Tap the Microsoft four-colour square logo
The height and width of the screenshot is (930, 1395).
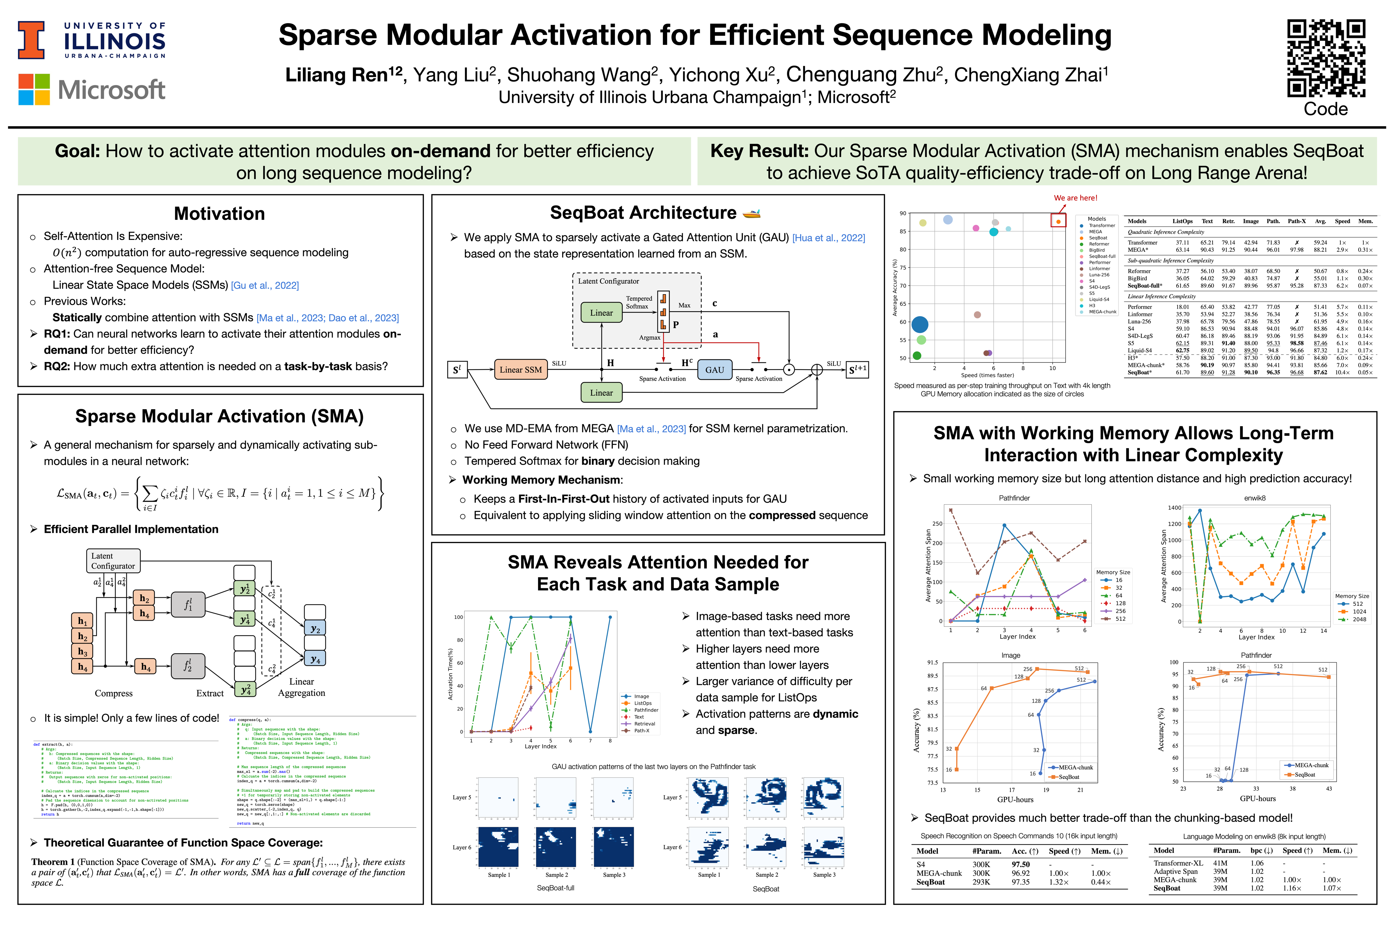point(34,89)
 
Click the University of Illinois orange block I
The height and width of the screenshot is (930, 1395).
point(31,40)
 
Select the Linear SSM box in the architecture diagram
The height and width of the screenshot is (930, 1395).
point(520,369)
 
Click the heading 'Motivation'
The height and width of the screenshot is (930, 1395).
point(220,213)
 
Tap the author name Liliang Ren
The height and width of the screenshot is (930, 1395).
point(336,75)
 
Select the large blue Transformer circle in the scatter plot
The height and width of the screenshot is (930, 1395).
point(919,325)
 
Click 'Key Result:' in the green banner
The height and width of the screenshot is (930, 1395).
point(759,151)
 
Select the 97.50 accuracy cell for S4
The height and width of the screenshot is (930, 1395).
point(1020,864)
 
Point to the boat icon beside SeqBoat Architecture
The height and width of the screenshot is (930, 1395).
point(751,213)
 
